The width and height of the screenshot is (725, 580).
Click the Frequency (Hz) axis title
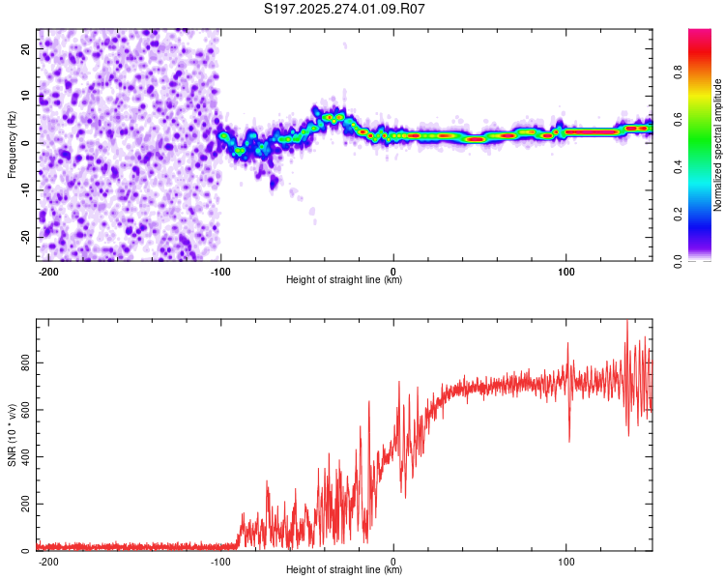[x=12, y=144]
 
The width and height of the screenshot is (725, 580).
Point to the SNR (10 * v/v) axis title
[x=12, y=435]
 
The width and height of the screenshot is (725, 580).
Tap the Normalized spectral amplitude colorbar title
[x=717, y=145]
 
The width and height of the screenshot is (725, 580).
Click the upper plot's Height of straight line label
[x=344, y=279]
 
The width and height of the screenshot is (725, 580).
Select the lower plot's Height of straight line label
[x=344, y=569]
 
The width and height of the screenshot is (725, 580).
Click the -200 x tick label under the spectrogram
[x=48, y=269]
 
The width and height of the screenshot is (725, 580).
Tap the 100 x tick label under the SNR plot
[x=565, y=559]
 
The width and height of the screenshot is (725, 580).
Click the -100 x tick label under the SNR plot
[x=220, y=559]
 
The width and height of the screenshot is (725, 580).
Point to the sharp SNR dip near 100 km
[x=568, y=440]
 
